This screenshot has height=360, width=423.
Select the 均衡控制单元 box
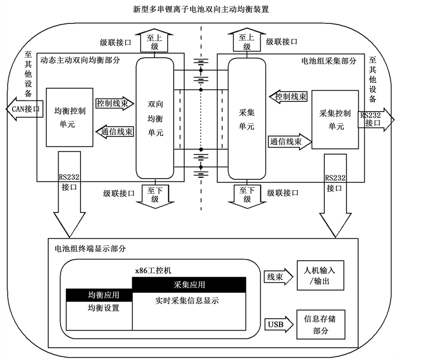tap(69, 117)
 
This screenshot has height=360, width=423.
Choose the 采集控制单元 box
tap(334, 120)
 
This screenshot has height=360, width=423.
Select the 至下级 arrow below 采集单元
tap(246, 194)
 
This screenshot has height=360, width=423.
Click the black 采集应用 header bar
tap(189, 284)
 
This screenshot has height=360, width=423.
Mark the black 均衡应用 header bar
tap(99, 295)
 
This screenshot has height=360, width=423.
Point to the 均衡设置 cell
tap(99, 308)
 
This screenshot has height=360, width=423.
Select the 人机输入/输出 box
tap(320, 276)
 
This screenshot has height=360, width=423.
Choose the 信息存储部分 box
tap(320, 324)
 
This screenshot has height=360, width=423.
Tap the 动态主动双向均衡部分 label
tap(80, 60)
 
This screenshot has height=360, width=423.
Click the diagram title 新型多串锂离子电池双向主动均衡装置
tap(201, 8)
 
